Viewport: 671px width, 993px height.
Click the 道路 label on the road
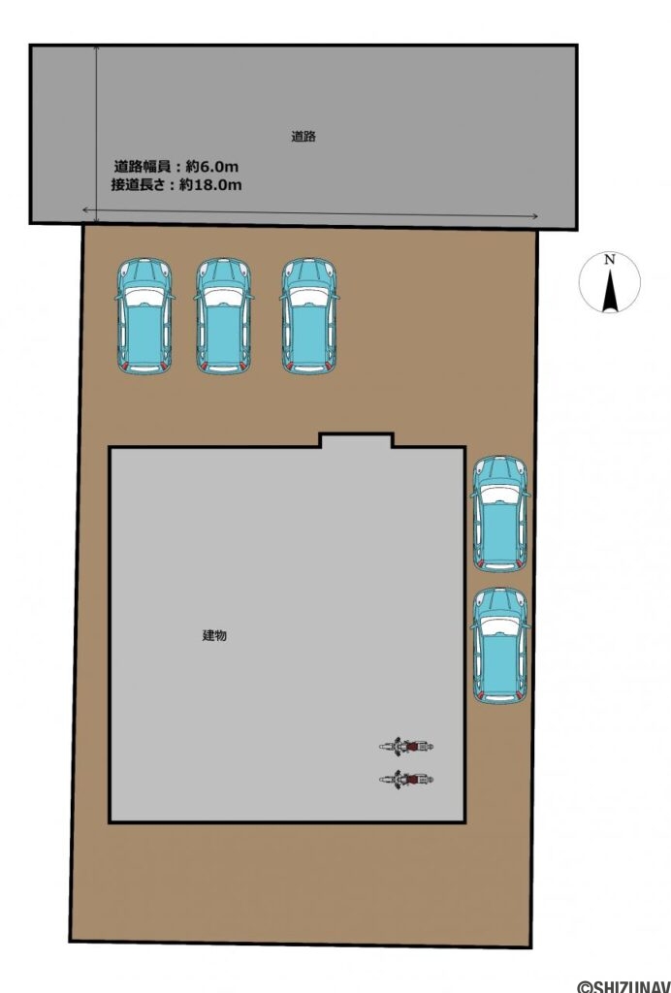304,137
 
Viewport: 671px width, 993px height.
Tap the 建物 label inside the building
214,635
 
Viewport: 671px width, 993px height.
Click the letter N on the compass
609,260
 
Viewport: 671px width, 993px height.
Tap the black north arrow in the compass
610,291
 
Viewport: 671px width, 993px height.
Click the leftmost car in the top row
144,316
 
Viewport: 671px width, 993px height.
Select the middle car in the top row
223,316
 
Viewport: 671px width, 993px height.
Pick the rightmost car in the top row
309,316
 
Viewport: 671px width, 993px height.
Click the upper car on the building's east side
500,514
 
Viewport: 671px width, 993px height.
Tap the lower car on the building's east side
500,645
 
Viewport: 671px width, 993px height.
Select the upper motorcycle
406,746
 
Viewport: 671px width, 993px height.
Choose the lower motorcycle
406,778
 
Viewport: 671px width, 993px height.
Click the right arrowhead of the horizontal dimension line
536,216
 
